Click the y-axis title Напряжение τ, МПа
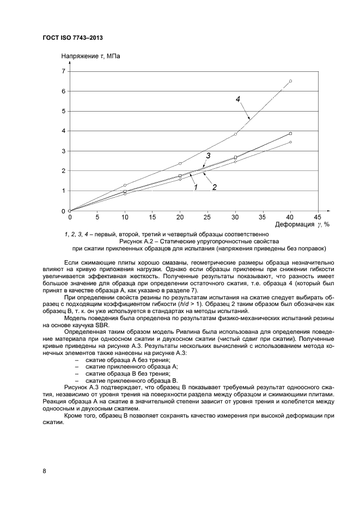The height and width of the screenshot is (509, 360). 90,56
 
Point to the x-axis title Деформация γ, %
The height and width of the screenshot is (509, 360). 295,224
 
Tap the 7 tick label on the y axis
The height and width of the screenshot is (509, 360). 63,71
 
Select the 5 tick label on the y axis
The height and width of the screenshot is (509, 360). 63,111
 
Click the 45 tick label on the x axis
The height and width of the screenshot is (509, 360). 318,216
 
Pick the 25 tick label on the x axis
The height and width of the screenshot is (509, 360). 208,216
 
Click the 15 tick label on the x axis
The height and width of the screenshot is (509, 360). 152,216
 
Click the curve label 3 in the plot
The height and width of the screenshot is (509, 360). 208,156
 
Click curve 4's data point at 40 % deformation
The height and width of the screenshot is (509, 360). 290,81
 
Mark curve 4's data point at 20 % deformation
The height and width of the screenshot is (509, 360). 180,163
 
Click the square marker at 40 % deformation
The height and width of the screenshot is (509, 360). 290,133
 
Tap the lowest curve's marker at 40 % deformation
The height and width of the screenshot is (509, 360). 290,142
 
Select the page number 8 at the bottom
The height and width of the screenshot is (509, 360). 44,471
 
